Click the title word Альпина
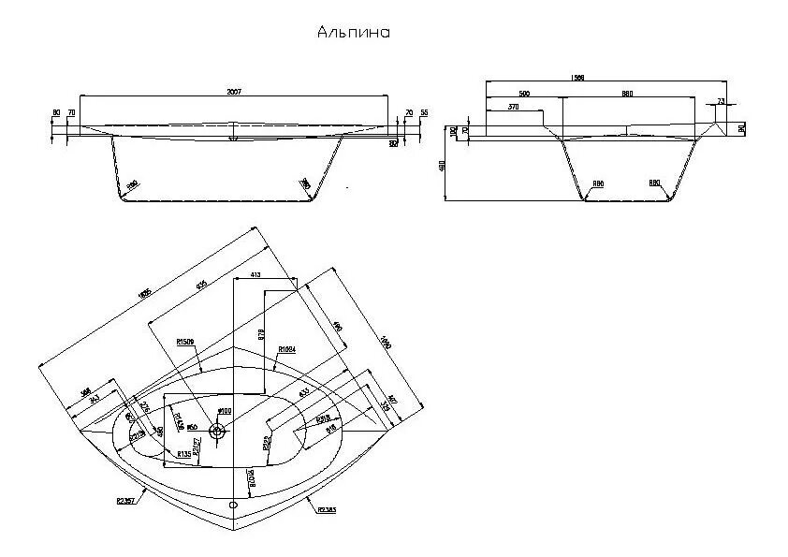(355, 32)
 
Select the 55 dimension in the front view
(424, 113)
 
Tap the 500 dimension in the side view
(523, 93)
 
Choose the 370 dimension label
(513, 107)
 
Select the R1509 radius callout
(185, 343)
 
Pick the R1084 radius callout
(287, 348)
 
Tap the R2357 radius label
(126, 502)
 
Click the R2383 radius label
(327, 509)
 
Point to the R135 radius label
(184, 454)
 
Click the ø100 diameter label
(224, 412)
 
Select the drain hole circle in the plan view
(218, 432)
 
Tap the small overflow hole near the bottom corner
(231, 503)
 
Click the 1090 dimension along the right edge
(384, 344)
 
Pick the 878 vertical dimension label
(262, 333)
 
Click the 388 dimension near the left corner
(86, 391)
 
